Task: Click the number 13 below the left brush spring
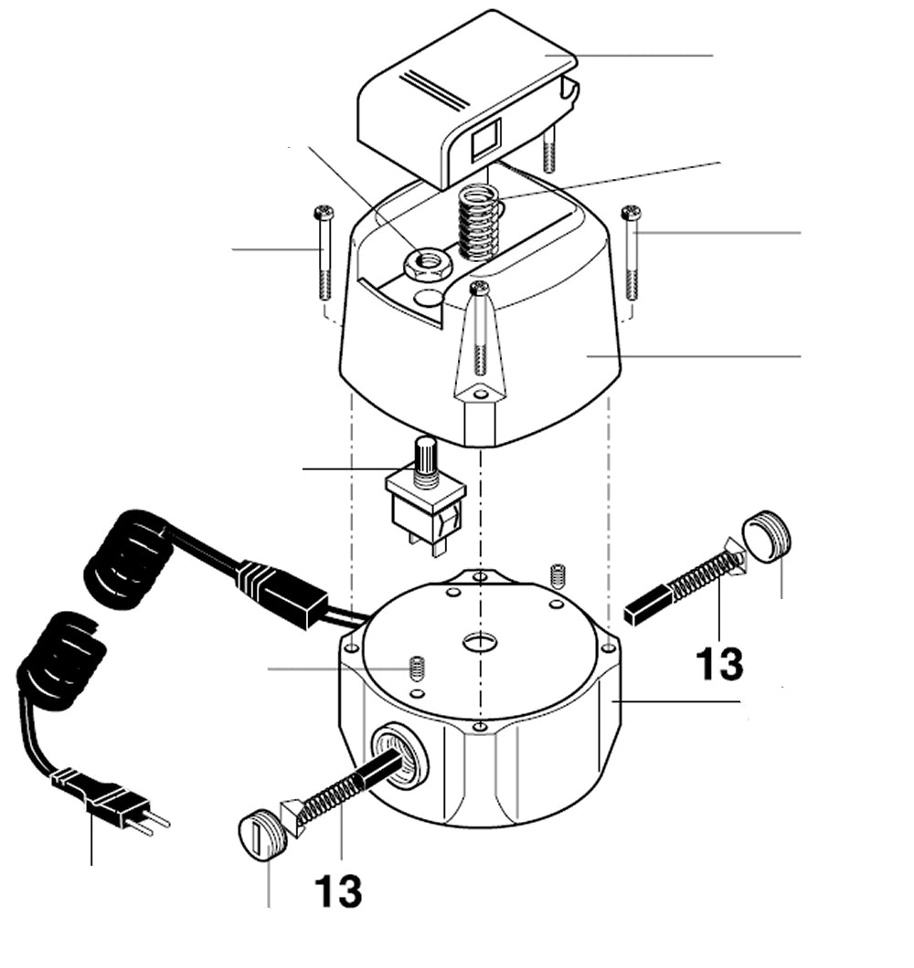point(338,891)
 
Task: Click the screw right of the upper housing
point(631,252)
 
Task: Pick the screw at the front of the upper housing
point(480,329)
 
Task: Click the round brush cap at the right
point(766,537)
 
